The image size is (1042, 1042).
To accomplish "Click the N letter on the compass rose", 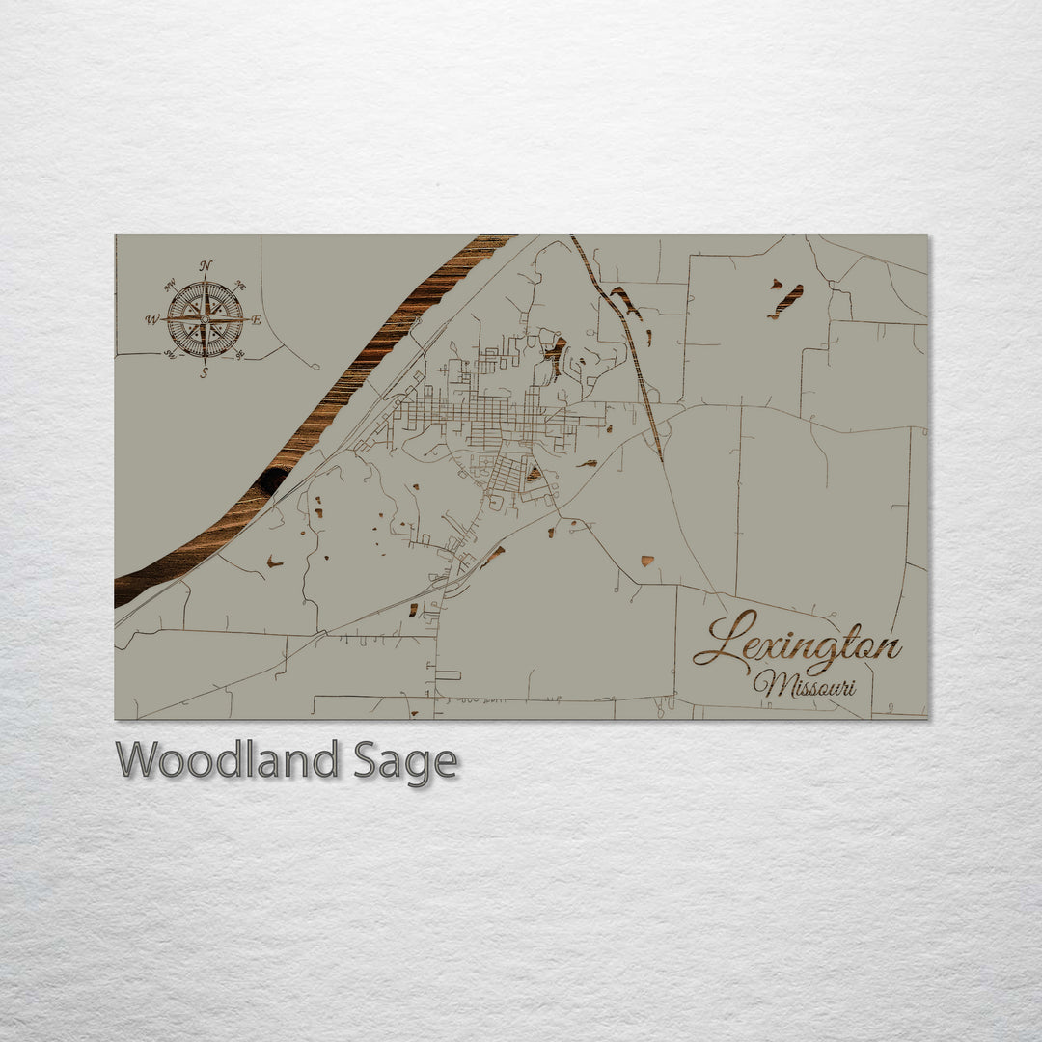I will coord(206,266).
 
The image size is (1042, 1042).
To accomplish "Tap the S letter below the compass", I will coord(205,372).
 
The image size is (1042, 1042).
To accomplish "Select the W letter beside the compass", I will coord(152,319).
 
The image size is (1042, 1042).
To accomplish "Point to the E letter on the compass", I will coord(257,320).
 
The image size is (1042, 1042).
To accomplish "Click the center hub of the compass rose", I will coord(205,319).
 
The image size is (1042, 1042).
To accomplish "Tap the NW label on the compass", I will coord(170,285).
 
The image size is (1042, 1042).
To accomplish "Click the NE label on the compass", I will coord(240,286).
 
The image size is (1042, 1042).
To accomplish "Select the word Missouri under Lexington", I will coord(804,685).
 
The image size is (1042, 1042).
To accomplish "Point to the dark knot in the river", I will coord(272,478).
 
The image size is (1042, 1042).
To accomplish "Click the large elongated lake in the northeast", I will coord(786,301).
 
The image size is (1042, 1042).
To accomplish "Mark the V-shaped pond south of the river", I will coord(275,562).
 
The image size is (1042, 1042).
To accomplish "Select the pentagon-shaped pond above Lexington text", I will coord(646,561).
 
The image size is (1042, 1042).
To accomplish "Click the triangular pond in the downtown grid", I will coord(534,474).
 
